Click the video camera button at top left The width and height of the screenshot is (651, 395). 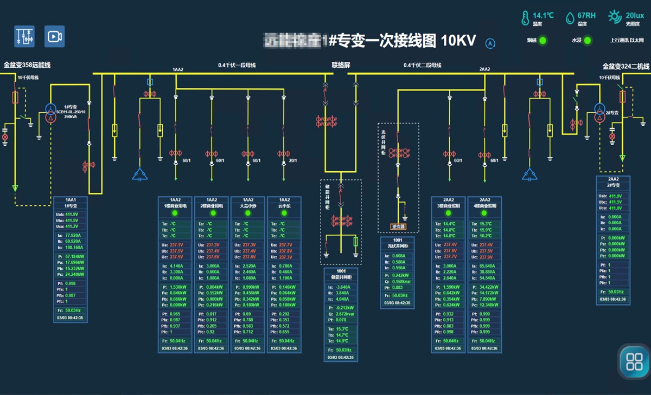coord(54,36)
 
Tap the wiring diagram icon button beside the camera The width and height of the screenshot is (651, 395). coord(24,36)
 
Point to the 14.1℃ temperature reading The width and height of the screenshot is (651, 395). coord(543,15)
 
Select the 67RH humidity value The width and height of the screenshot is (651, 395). coord(586,15)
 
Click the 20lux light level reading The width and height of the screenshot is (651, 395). coord(635,15)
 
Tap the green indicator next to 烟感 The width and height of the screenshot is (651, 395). coord(542,41)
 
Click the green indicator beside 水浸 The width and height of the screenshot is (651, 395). coord(588,41)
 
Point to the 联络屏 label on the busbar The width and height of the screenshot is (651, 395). coord(341,65)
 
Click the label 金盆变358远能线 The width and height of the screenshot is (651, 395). coord(27,65)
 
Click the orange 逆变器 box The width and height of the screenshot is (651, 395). coord(398,226)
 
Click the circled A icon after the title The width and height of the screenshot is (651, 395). coord(490,43)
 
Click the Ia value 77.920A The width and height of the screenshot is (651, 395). coord(73,236)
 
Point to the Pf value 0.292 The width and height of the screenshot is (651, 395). coord(285,314)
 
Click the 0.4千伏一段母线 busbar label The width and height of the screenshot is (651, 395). coord(237,65)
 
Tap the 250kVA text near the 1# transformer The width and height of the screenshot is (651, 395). coord(71,116)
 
